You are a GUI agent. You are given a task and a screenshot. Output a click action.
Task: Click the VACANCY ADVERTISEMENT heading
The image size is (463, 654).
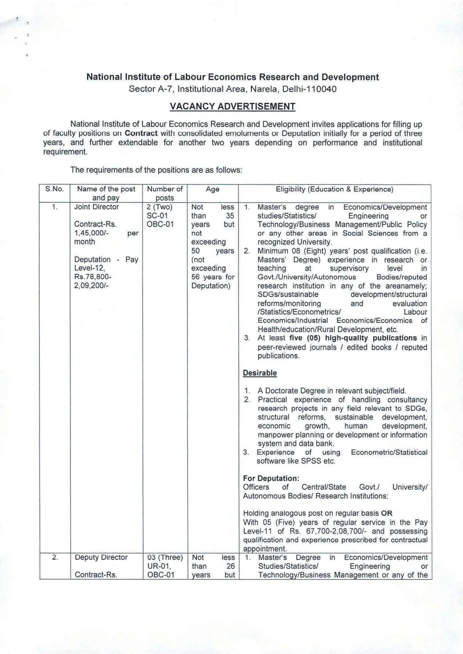tap(233, 106)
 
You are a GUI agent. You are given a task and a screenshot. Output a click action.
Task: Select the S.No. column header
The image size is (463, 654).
tap(54, 189)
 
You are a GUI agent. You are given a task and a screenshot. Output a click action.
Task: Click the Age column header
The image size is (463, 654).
tap(212, 189)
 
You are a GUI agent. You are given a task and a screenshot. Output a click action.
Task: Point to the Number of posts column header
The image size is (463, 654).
tap(165, 193)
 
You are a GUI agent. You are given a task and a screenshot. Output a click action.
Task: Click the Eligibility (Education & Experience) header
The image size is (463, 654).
tap(334, 189)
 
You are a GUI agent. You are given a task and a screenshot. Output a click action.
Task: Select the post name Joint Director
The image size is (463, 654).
tap(96, 207)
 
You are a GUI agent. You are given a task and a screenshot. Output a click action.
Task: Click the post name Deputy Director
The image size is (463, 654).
tap(101, 557)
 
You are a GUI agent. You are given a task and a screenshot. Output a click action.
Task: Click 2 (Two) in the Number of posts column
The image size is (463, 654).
tap(159, 207)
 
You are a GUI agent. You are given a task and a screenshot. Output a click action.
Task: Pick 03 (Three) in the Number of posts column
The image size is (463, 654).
tap(165, 557)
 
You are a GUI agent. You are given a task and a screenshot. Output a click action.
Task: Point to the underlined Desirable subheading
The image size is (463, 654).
tap(260, 373)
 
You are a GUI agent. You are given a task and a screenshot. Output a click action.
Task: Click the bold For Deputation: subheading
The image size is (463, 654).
tap(271, 478)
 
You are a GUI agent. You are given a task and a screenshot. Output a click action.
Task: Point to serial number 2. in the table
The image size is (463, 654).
tap(55, 557)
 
